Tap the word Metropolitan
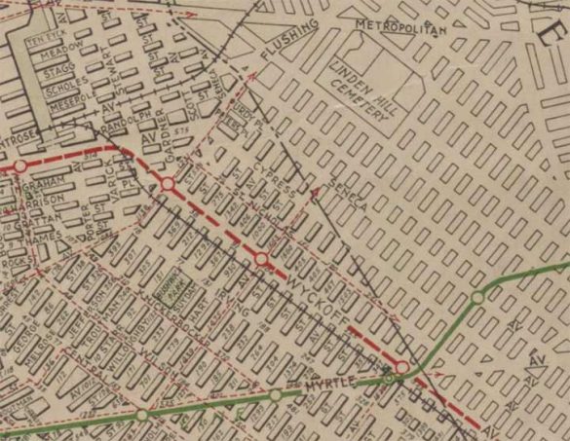coord(399,25)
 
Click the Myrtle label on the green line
coord(325,385)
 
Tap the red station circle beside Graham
coord(19,166)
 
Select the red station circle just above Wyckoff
coord(261,258)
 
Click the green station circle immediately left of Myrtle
coord(276,394)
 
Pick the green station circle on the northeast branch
coord(477,296)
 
